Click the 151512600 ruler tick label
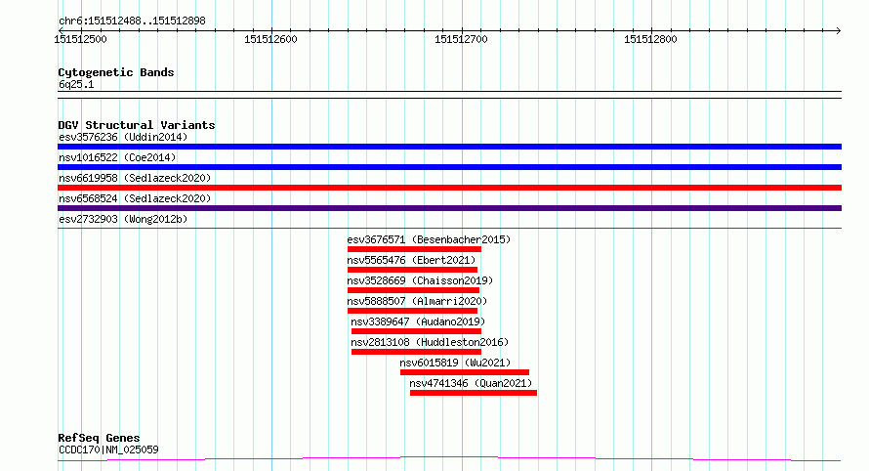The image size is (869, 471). pyautogui.click(x=270, y=39)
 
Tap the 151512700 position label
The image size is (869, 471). pyautogui.click(x=461, y=39)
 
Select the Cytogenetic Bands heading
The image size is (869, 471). pyautogui.click(x=116, y=72)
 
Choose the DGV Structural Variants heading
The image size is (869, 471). pyautogui.click(x=137, y=125)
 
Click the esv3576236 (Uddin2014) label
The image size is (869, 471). pyautogui.click(x=123, y=137)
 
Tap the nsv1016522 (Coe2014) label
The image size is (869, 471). pyautogui.click(x=117, y=157)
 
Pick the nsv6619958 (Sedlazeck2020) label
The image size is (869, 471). pyautogui.click(x=135, y=178)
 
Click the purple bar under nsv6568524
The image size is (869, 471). pyautogui.click(x=449, y=208)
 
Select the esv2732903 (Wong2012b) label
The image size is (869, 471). pyautogui.click(x=123, y=219)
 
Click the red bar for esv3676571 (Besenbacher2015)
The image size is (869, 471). pyautogui.click(x=414, y=249)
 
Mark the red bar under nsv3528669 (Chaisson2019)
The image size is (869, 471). pyautogui.click(x=412, y=290)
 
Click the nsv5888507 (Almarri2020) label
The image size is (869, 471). pyautogui.click(x=417, y=301)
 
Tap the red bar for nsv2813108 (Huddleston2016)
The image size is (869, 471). pyautogui.click(x=416, y=352)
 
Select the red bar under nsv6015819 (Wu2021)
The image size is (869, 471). pyautogui.click(x=464, y=372)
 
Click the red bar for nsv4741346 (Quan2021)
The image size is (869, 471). pyautogui.click(x=473, y=393)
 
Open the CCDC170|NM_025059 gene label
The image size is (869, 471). pyautogui.click(x=108, y=450)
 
